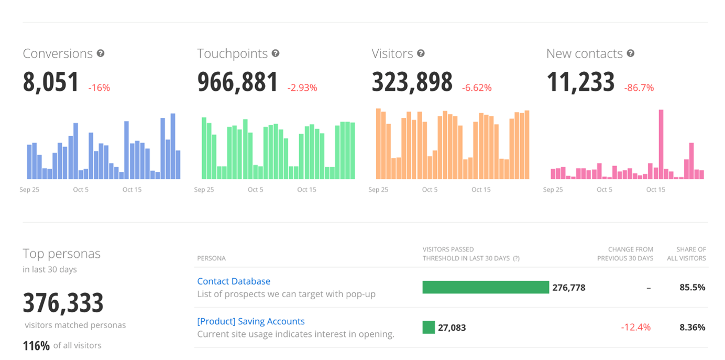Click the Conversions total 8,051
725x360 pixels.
click(51, 82)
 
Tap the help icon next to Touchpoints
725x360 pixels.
click(276, 53)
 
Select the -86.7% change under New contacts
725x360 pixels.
click(639, 88)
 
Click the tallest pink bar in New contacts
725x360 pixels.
click(661, 144)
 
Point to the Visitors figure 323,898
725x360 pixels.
click(412, 82)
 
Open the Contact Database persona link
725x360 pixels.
click(234, 281)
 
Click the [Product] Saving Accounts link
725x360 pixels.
click(251, 321)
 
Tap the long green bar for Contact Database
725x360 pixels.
click(486, 287)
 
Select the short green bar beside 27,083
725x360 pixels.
click(429, 328)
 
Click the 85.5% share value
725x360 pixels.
click(692, 287)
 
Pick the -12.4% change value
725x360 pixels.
click(635, 328)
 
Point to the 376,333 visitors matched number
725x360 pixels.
click(63, 303)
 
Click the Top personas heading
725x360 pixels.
click(61, 254)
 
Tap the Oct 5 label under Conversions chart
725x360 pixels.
click(81, 190)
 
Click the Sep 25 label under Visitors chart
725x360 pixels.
click(378, 190)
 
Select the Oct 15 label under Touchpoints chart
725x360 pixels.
click(306, 190)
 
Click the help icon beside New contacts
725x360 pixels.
click(631, 53)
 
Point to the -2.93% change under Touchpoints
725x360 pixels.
click(302, 88)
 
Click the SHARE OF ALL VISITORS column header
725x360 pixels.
click(691, 254)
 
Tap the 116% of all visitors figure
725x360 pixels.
click(36, 346)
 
